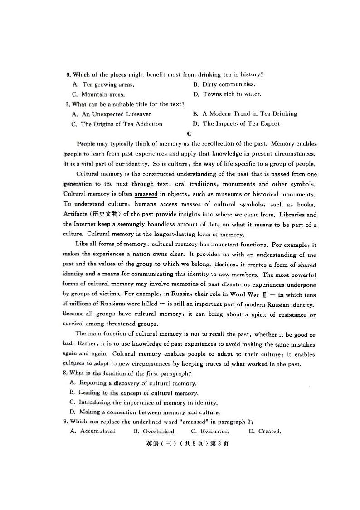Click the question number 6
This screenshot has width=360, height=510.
[68, 75]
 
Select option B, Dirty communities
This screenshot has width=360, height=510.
[224, 84]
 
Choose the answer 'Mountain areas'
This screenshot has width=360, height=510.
[98, 94]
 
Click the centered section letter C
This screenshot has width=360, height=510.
[189, 133]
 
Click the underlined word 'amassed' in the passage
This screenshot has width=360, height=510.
[146, 194]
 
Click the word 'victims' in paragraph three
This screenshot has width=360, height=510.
[106, 294]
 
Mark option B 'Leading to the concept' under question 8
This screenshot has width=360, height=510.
[134, 393]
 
